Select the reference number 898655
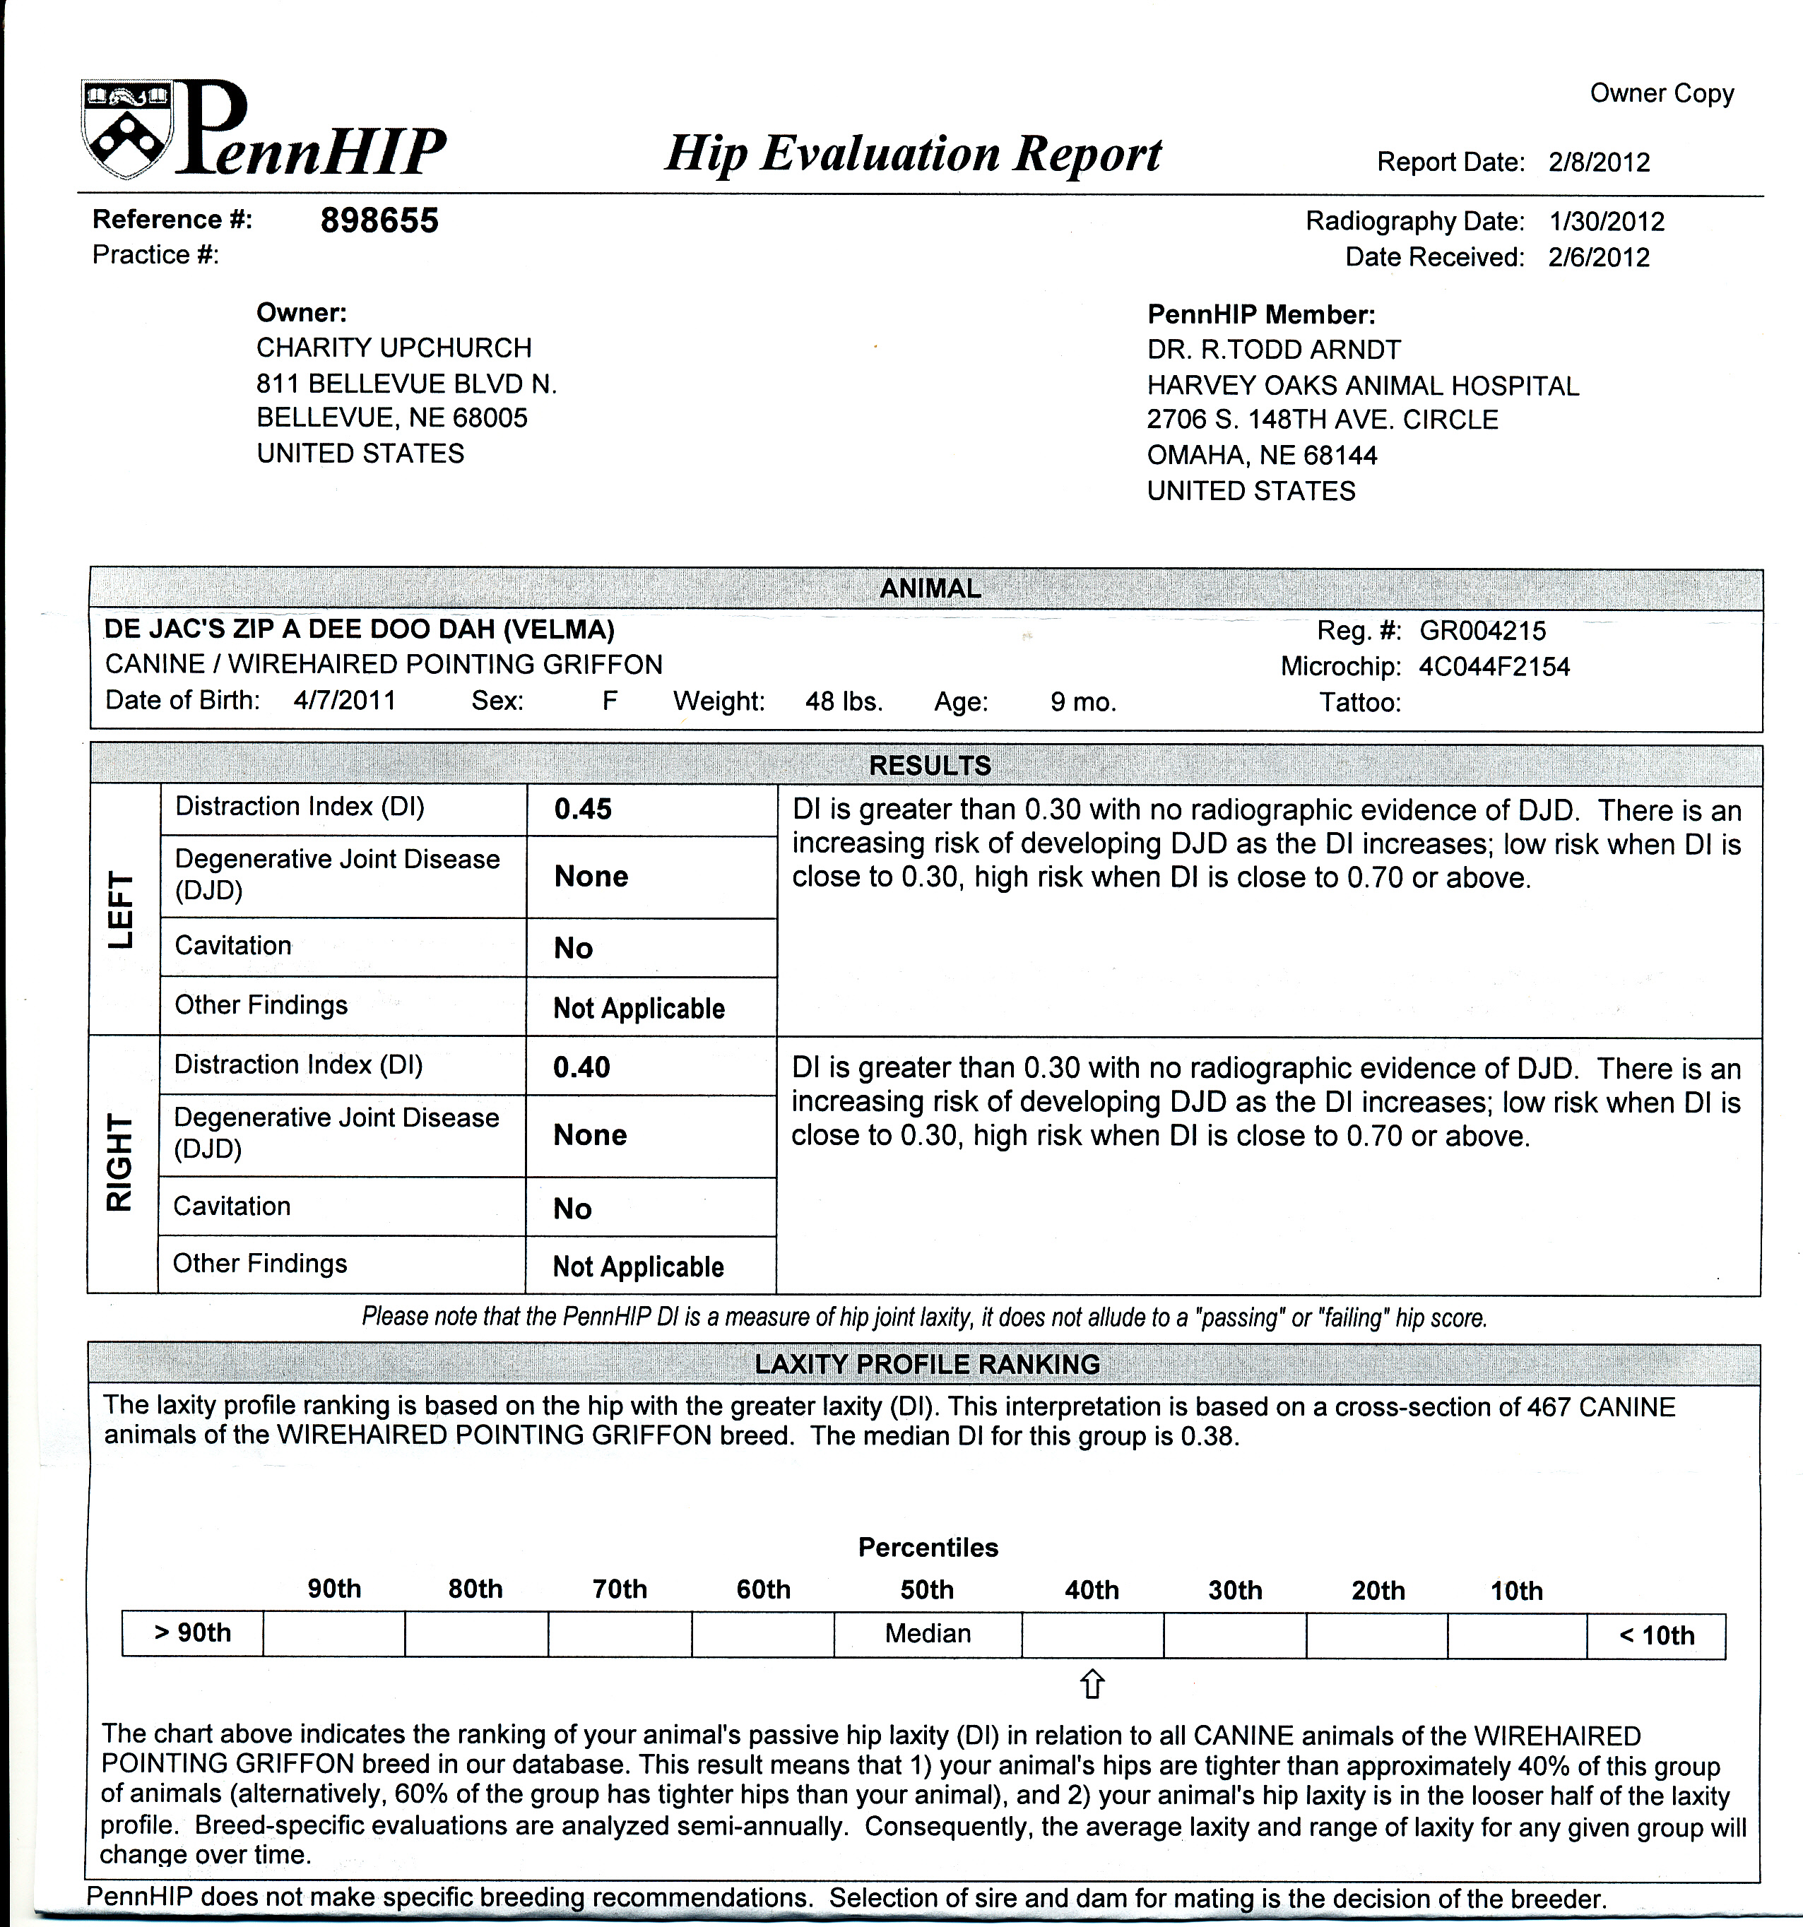tap(379, 221)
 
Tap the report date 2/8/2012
tap(1598, 162)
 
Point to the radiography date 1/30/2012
tap(1606, 221)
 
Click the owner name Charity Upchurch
tap(394, 348)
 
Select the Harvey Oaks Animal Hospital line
tap(1362, 386)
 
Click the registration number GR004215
tap(1482, 631)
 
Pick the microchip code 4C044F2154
tap(1494, 667)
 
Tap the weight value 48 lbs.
tap(844, 701)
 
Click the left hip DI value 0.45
tap(583, 810)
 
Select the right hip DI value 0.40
tap(581, 1067)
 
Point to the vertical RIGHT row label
tap(119, 1163)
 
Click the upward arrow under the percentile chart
tap(1092, 1684)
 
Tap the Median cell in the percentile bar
tap(928, 1633)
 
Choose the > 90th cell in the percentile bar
tap(192, 1632)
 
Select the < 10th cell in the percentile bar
tap(1655, 1636)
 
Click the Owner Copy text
tap(1660, 93)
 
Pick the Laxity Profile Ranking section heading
tap(927, 1364)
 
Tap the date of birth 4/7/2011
tap(344, 701)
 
